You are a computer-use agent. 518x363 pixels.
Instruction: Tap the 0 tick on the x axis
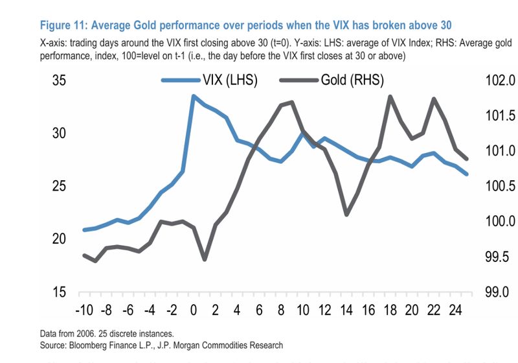pos(194,309)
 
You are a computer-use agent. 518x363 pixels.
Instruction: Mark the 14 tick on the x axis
pos(347,309)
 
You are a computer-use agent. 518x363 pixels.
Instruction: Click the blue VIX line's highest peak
pos(193,96)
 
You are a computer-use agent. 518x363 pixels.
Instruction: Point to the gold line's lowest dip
pos(205,259)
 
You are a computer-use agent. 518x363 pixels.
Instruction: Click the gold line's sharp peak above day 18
pos(390,97)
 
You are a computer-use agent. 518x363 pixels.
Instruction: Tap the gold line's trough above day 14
pos(347,215)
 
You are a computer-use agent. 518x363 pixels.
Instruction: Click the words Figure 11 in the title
pos(64,25)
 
